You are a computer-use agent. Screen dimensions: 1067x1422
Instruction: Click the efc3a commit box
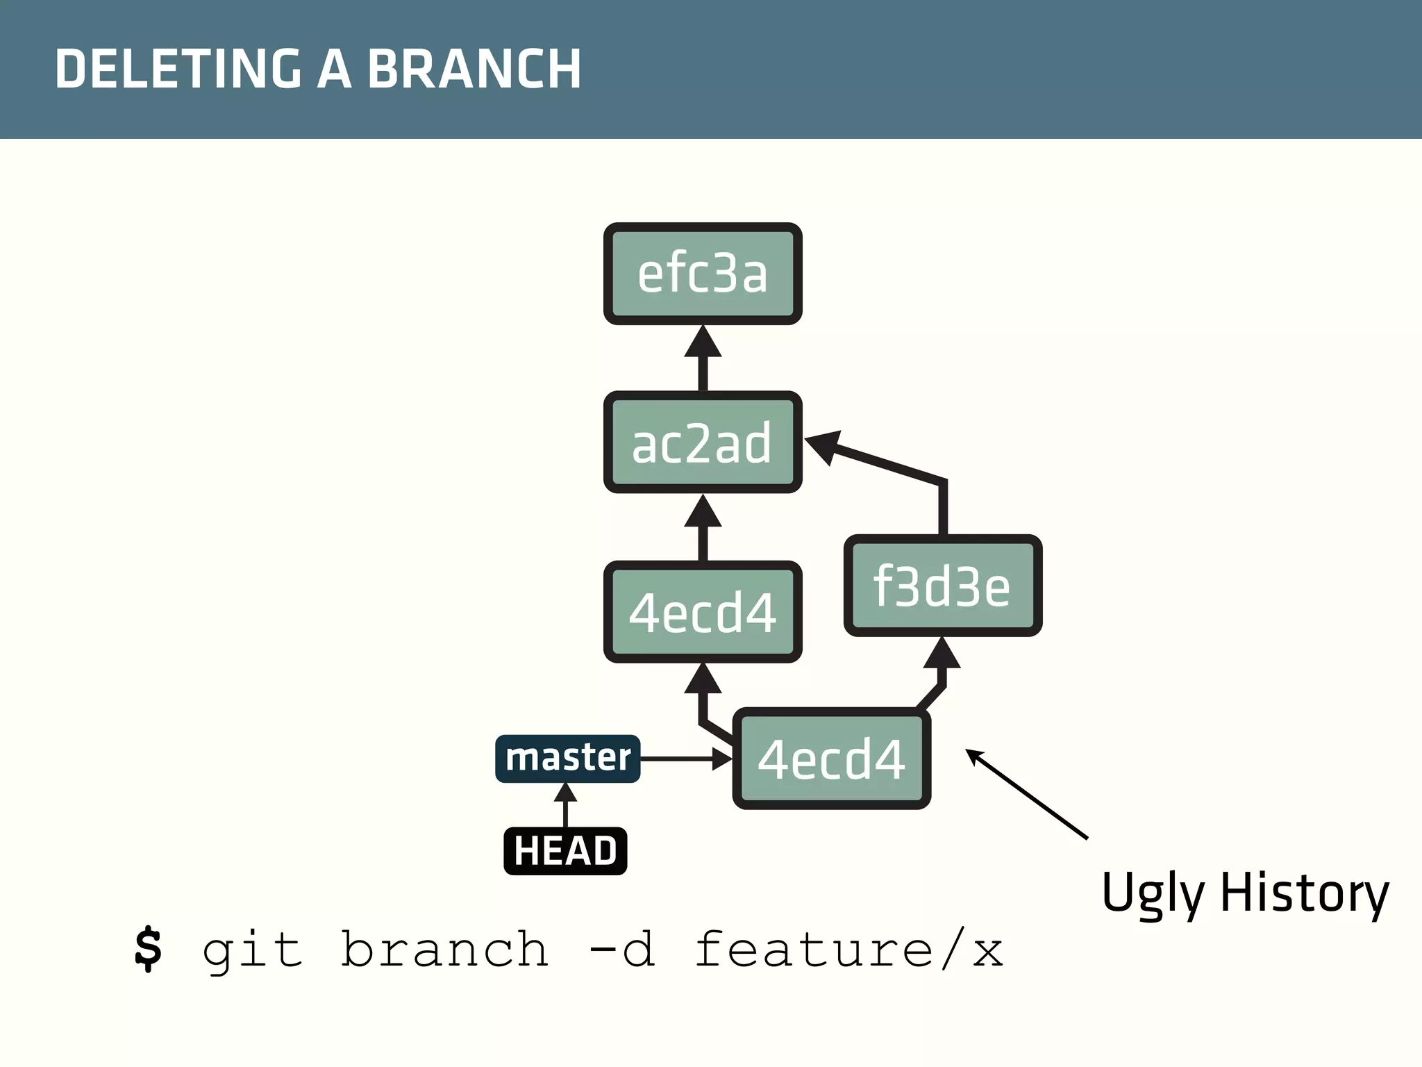tap(703, 274)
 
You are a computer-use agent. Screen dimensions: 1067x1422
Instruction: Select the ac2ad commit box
tap(703, 442)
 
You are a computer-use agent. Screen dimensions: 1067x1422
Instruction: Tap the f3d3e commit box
tap(942, 586)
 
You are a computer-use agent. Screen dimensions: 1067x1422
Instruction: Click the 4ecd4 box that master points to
tap(832, 759)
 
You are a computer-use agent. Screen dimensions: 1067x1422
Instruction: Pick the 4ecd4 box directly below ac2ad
tap(703, 611)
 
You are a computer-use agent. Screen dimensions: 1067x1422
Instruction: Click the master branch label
tap(567, 758)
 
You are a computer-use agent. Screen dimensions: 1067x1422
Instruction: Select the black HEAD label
tap(565, 851)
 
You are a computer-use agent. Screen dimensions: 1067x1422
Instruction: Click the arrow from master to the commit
tap(684, 759)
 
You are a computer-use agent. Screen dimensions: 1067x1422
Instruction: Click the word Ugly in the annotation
tap(1153, 893)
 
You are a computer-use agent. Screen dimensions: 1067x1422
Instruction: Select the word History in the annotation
tap(1304, 893)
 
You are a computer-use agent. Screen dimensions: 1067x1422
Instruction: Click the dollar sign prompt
tap(148, 949)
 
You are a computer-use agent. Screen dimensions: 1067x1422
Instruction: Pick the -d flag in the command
tap(621, 949)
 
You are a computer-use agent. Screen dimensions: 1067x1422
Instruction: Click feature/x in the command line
tap(848, 949)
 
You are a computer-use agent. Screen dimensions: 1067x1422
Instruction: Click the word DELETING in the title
tap(178, 69)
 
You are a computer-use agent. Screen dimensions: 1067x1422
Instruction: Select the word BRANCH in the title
tap(474, 69)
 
